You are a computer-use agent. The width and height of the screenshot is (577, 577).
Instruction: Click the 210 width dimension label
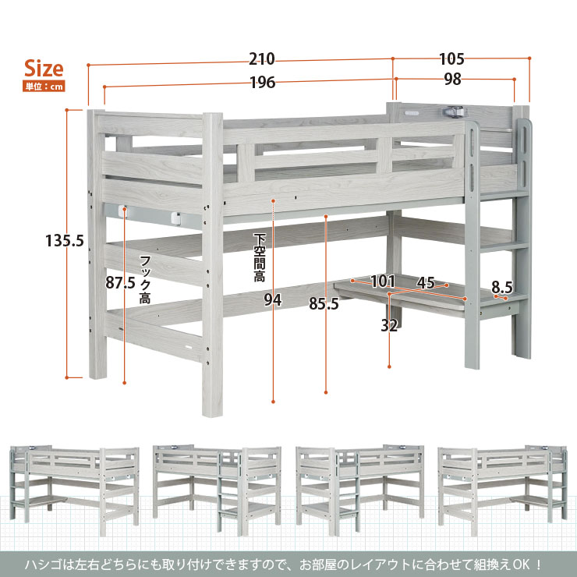click(262, 59)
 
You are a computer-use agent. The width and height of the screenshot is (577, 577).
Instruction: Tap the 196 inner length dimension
click(263, 83)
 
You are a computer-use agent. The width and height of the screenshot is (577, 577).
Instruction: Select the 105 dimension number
click(451, 59)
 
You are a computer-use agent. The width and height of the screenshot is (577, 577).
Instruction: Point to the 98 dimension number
click(452, 79)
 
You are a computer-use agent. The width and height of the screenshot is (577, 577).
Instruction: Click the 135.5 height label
click(65, 241)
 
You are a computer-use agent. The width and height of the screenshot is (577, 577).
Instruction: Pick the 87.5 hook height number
click(120, 282)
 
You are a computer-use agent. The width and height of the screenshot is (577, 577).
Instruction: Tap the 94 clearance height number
click(273, 300)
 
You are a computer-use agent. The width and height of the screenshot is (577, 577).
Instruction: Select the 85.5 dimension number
click(324, 303)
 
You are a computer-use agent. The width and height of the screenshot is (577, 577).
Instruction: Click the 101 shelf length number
click(383, 281)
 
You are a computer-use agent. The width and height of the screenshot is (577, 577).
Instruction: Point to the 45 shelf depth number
click(426, 282)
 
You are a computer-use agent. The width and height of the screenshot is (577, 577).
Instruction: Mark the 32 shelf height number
click(389, 325)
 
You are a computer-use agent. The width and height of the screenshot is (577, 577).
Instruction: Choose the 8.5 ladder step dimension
click(502, 287)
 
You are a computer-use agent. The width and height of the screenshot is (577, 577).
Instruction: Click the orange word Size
click(44, 69)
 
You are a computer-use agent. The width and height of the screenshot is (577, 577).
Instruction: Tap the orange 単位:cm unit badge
click(44, 87)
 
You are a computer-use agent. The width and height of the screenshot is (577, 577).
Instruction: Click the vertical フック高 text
click(145, 280)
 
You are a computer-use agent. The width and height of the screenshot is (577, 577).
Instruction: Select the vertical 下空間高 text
click(260, 257)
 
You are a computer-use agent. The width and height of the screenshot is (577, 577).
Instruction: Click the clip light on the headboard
click(455, 111)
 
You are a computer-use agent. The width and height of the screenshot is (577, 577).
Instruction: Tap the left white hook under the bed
click(124, 211)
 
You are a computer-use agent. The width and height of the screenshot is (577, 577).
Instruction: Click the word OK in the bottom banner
click(523, 564)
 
